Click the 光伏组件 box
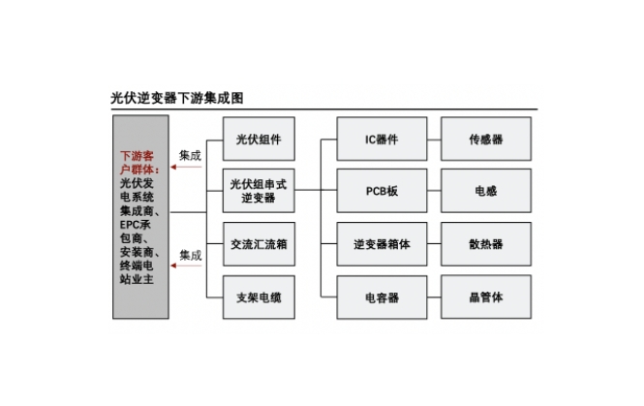[259, 140]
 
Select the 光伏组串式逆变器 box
[259, 190]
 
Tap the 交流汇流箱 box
[259, 242]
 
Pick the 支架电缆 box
[259, 296]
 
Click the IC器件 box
[382, 140]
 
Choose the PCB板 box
[382, 191]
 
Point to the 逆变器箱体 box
[382, 243]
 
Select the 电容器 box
[382, 296]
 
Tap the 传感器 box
[485, 140]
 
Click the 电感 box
[485, 191]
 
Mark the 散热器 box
[485, 243]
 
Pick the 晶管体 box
[485, 296]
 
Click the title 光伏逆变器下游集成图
[176, 99]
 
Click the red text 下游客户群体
[139, 162]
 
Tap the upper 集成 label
[190, 155]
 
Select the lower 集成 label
[190, 256]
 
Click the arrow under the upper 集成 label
[187, 168]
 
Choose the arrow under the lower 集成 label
[187, 268]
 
